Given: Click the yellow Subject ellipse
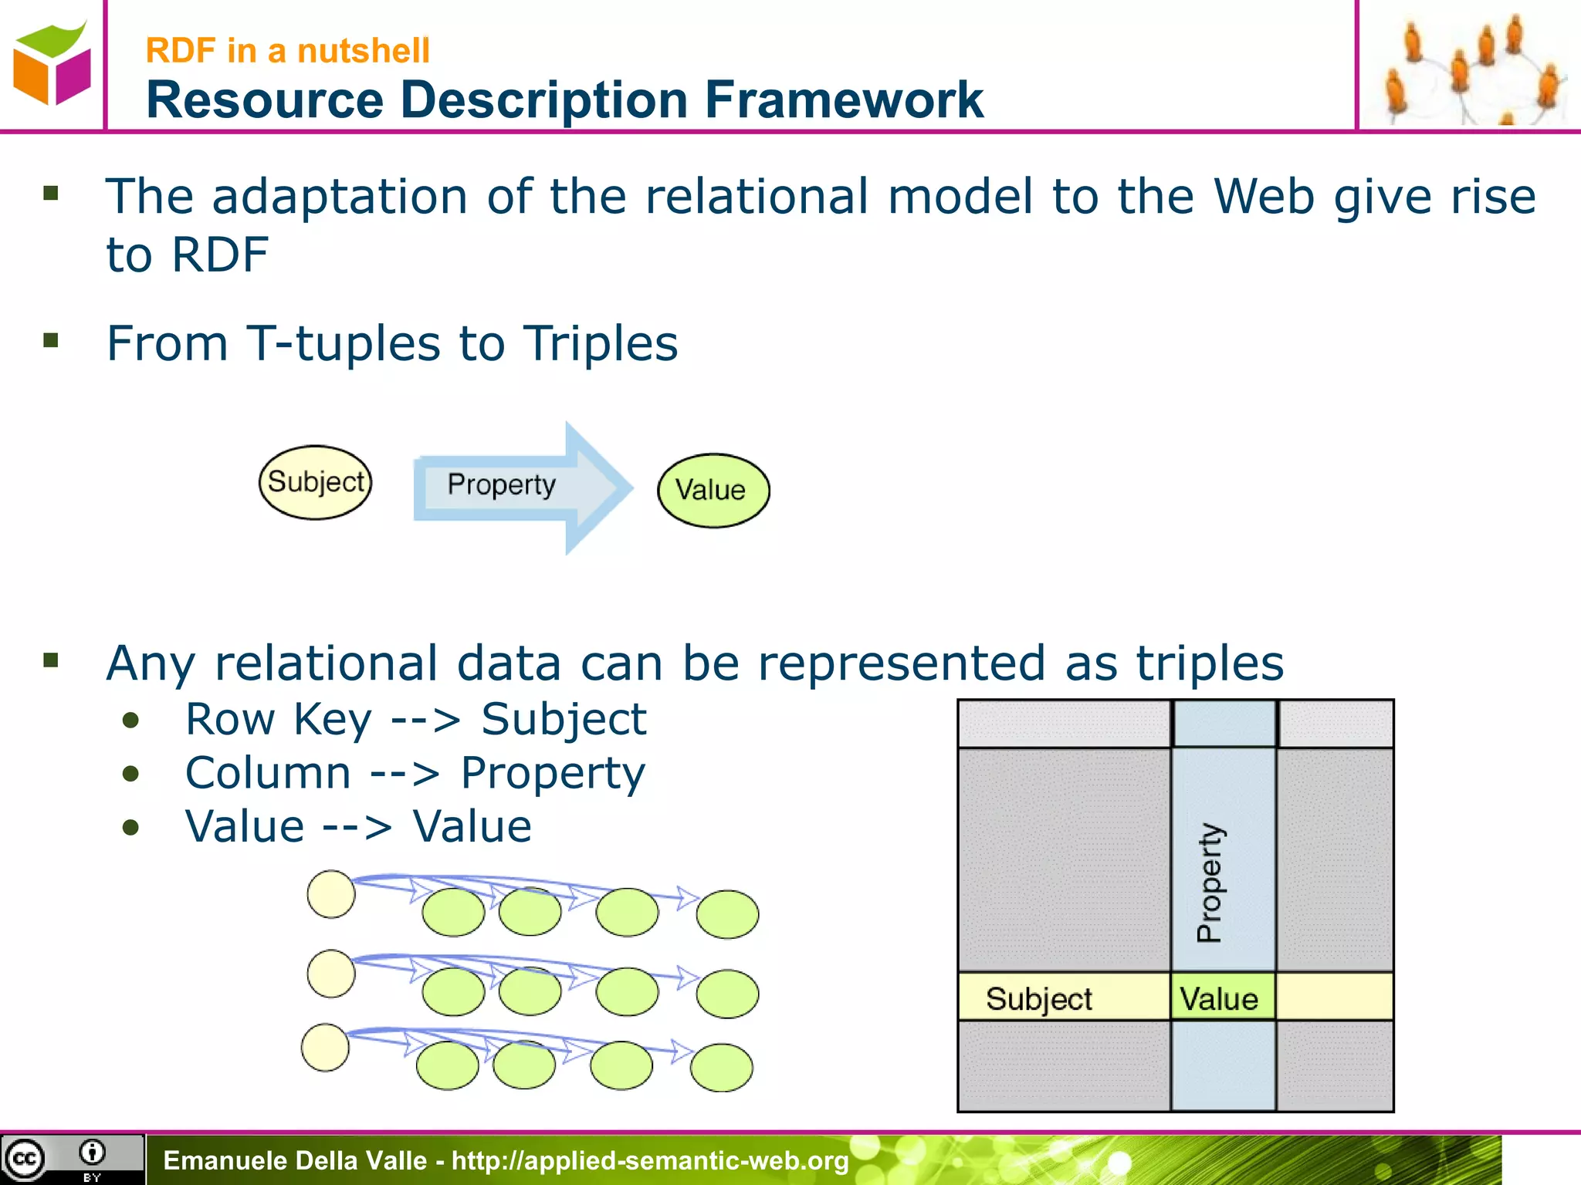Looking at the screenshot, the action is click(315, 482).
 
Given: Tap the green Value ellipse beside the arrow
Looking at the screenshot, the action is click(713, 491).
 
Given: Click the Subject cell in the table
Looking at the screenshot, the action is click(1039, 998).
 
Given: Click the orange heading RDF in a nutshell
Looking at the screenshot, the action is click(287, 51).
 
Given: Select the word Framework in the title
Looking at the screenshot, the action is click(844, 100).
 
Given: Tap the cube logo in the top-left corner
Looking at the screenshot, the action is click(52, 63).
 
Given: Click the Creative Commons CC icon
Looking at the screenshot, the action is click(25, 1159).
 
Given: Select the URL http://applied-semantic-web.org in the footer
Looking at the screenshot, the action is click(650, 1160).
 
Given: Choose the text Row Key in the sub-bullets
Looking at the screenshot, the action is click(279, 720).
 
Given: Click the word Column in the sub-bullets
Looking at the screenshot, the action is click(268, 773).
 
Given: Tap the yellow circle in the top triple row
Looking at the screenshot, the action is click(331, 894).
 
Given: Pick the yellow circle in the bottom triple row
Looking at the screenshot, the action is click(325, 1047).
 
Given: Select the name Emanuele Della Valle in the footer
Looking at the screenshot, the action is click(295, 1160).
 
